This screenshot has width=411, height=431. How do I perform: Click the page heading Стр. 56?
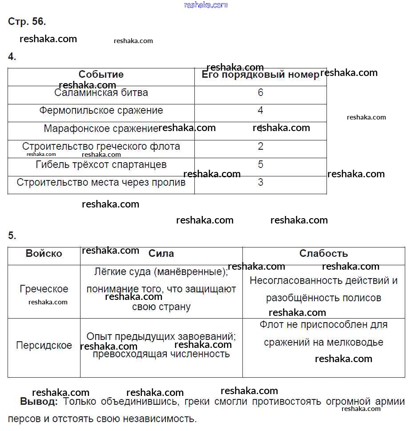[27, 21]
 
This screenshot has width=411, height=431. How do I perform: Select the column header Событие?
[101, 75]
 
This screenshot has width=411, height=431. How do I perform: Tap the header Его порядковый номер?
[260, 75]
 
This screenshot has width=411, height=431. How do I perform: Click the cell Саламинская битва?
[101, 93]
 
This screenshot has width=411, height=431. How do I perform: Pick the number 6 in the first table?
[261, 92]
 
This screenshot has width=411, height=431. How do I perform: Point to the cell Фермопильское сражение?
[101, 111]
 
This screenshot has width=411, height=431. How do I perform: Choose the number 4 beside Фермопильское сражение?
[261, 110]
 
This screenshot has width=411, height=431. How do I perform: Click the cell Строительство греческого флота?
[101, 147]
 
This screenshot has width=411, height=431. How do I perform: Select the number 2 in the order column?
[261, 146]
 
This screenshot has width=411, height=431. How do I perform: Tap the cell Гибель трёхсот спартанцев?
[101, 165]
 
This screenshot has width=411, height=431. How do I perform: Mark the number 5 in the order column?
[261, 164]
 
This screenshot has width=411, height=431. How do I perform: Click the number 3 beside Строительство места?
[261, 182]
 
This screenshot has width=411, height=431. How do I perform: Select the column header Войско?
[44, 254]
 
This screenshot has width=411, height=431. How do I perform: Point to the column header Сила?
[161, 254]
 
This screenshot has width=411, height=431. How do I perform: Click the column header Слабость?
[323, 254]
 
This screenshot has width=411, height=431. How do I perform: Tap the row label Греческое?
[44, 289]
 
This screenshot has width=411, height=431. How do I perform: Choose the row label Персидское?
[44, 346]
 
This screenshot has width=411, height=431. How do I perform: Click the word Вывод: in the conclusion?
[39, 402]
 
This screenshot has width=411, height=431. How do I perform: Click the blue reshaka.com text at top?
[205, 5]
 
